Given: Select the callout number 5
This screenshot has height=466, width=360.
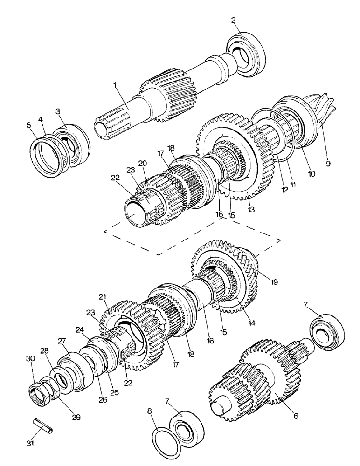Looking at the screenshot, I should [x=29, y=125].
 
